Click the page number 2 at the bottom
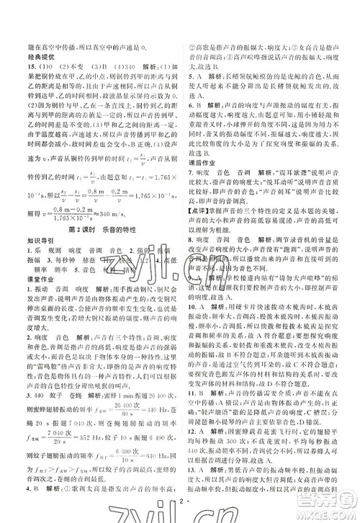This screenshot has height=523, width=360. click(179, 509)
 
